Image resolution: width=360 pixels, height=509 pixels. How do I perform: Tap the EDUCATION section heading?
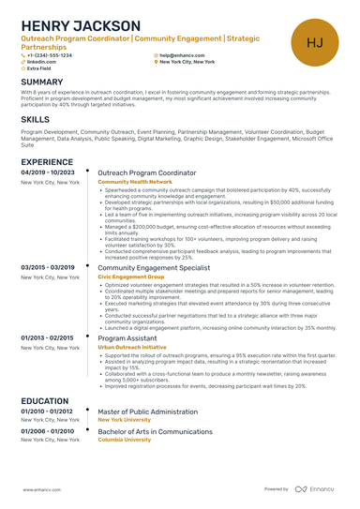click(44, 400)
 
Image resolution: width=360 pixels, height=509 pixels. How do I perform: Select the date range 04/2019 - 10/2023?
click(48, 173)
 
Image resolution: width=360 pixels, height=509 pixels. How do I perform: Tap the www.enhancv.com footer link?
click(42, 489)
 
